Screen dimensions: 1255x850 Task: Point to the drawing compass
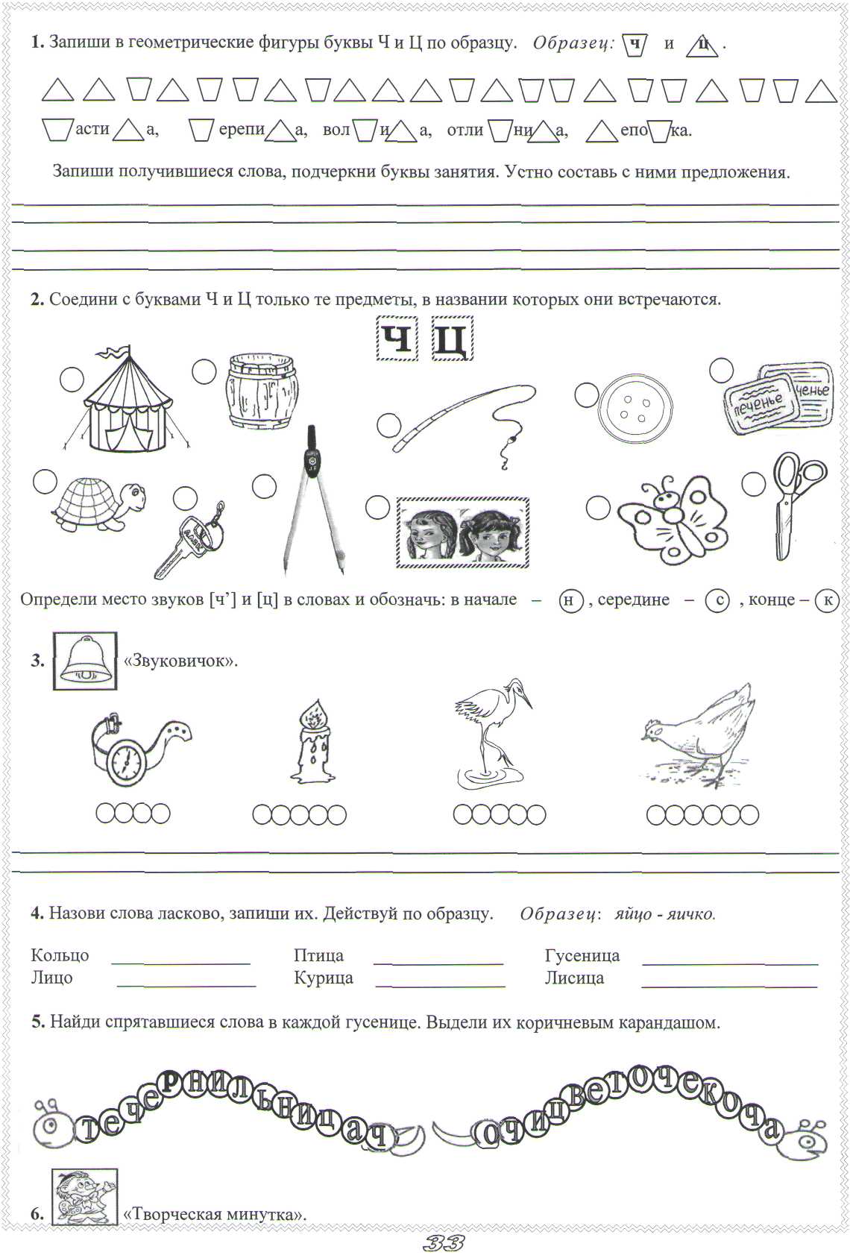coord(316,500)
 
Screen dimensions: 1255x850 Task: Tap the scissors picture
coord(795,503)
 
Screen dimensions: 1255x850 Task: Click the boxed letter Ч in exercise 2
coord(396,339)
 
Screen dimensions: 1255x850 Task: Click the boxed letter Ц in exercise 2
coord(452,339)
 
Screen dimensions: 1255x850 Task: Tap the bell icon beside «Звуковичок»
coord(85,661)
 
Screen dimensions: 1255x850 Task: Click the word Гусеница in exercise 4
coord(582,955)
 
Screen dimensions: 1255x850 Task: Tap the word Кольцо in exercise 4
coord(60,955)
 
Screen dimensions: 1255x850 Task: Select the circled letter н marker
coord(570,600)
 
